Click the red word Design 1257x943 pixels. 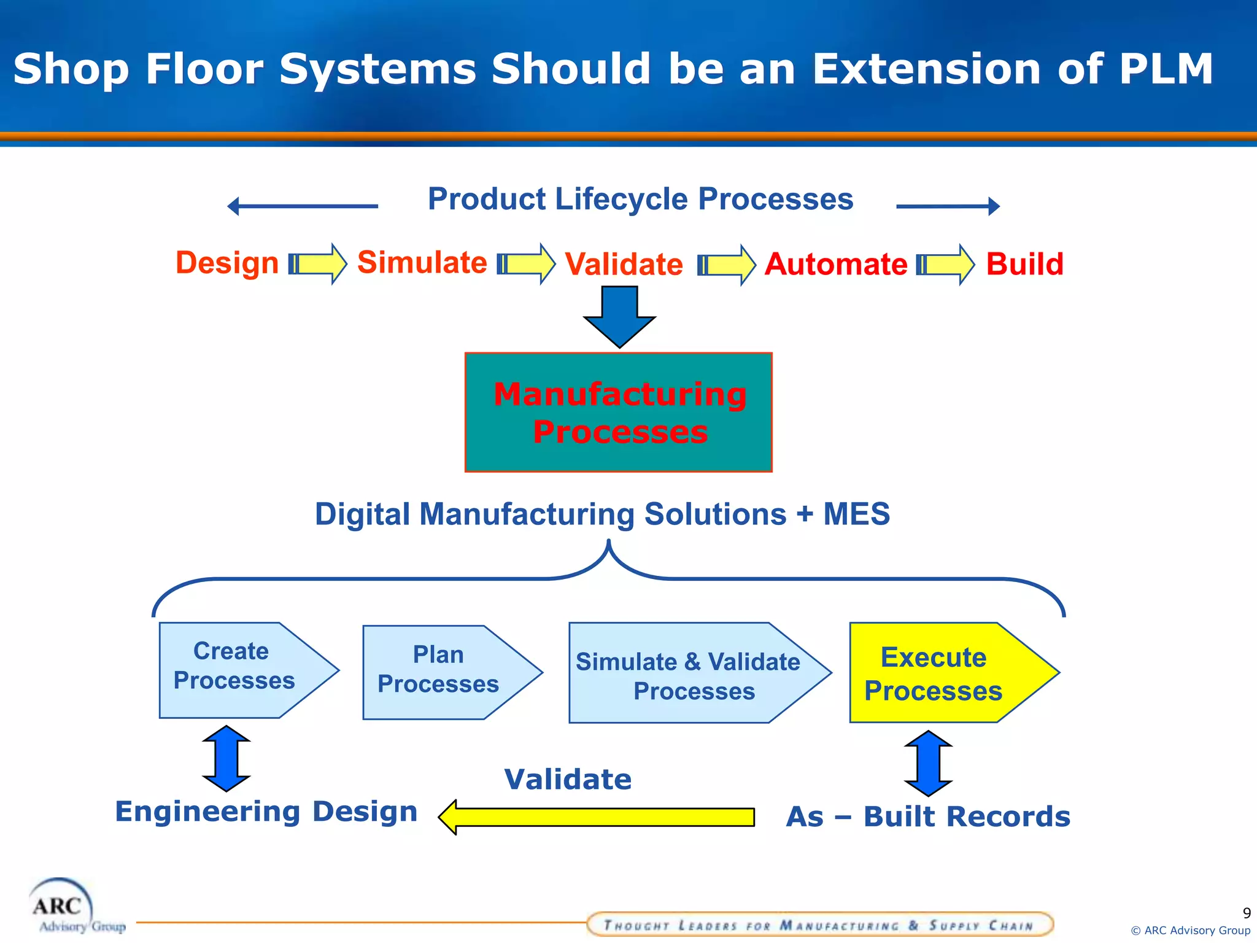tap(227, 263)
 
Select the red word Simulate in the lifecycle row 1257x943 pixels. tap(422, 263)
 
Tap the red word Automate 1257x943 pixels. tap(835, 265)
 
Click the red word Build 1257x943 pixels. tap(1024, 265)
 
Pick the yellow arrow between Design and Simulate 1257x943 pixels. tap(318, 264)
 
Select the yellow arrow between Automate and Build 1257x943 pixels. tap(945, 265)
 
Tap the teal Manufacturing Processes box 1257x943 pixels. tap(619, 413)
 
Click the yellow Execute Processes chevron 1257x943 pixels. tap(945, 673)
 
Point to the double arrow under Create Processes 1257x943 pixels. tap(226, 759)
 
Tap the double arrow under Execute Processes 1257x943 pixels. tap(928, 763)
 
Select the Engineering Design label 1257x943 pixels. tap(266, 812)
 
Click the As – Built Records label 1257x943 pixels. tap(928, 817)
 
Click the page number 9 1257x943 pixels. tap(1246, 913)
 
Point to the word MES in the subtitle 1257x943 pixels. tap(856, 514)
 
